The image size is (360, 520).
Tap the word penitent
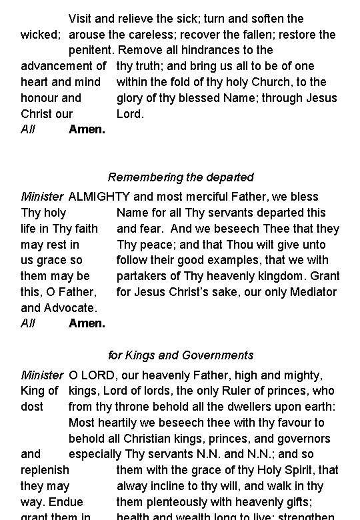tap(91, 50)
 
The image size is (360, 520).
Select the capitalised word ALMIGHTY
tap(100, 197)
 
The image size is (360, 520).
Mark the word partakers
tap(142, 276)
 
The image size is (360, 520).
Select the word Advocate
tap(71, 308)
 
